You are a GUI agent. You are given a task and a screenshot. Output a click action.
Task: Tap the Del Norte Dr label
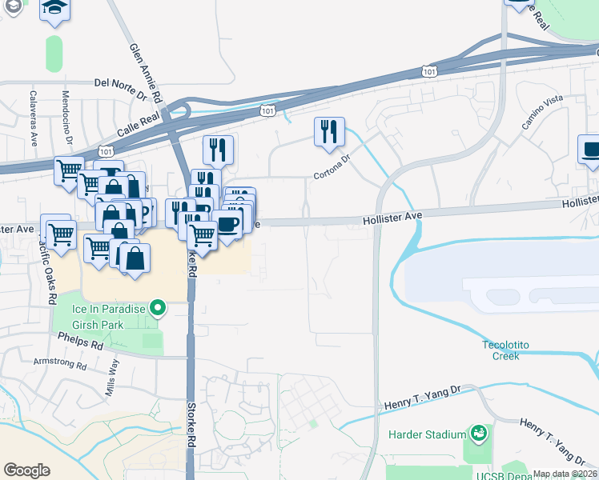point(121,82)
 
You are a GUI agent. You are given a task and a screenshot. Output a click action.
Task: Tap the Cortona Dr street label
point(332,166)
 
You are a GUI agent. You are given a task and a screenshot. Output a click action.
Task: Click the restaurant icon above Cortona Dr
point(329,132)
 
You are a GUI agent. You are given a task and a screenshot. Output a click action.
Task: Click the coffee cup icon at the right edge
point(591,150)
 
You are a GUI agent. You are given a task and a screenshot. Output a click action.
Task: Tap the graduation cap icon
point(54,8)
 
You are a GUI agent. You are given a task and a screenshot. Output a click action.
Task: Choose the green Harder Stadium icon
point(479,434)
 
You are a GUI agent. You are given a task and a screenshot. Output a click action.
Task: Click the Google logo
point(26,470)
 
